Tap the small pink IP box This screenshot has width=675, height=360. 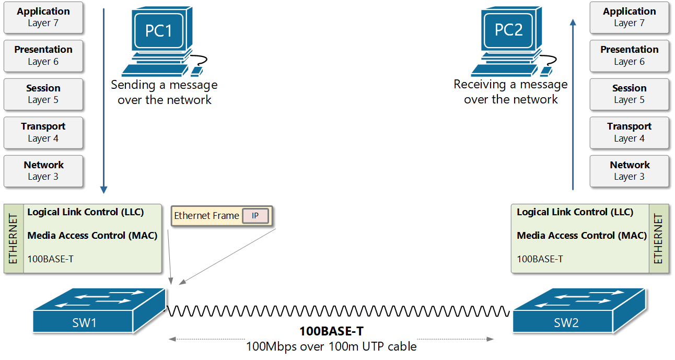tap(255, 216)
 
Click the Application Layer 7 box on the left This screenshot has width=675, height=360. tap(43, 17)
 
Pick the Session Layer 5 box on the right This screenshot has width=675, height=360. tap(629, 94)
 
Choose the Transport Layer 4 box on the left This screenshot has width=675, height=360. tap(43, 132)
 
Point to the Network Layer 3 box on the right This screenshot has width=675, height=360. tap(629, 171)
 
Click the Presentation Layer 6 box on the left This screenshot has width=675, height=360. tap(43, 55)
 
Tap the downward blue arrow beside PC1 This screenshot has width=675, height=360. tap(103, 99)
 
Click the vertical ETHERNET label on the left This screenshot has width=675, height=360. tap(14, 239)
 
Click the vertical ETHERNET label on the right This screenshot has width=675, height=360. tap(658, 239)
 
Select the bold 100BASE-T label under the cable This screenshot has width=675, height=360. tap(331, 331)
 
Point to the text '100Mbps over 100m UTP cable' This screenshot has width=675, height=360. tap(331, 346)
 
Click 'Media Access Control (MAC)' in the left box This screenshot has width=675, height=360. tap(92, 236)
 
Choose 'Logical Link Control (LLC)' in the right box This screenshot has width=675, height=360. tap(575, 212)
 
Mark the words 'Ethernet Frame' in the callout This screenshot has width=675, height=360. tap(206, 216)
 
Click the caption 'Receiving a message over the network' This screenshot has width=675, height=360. tap(510, 92)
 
